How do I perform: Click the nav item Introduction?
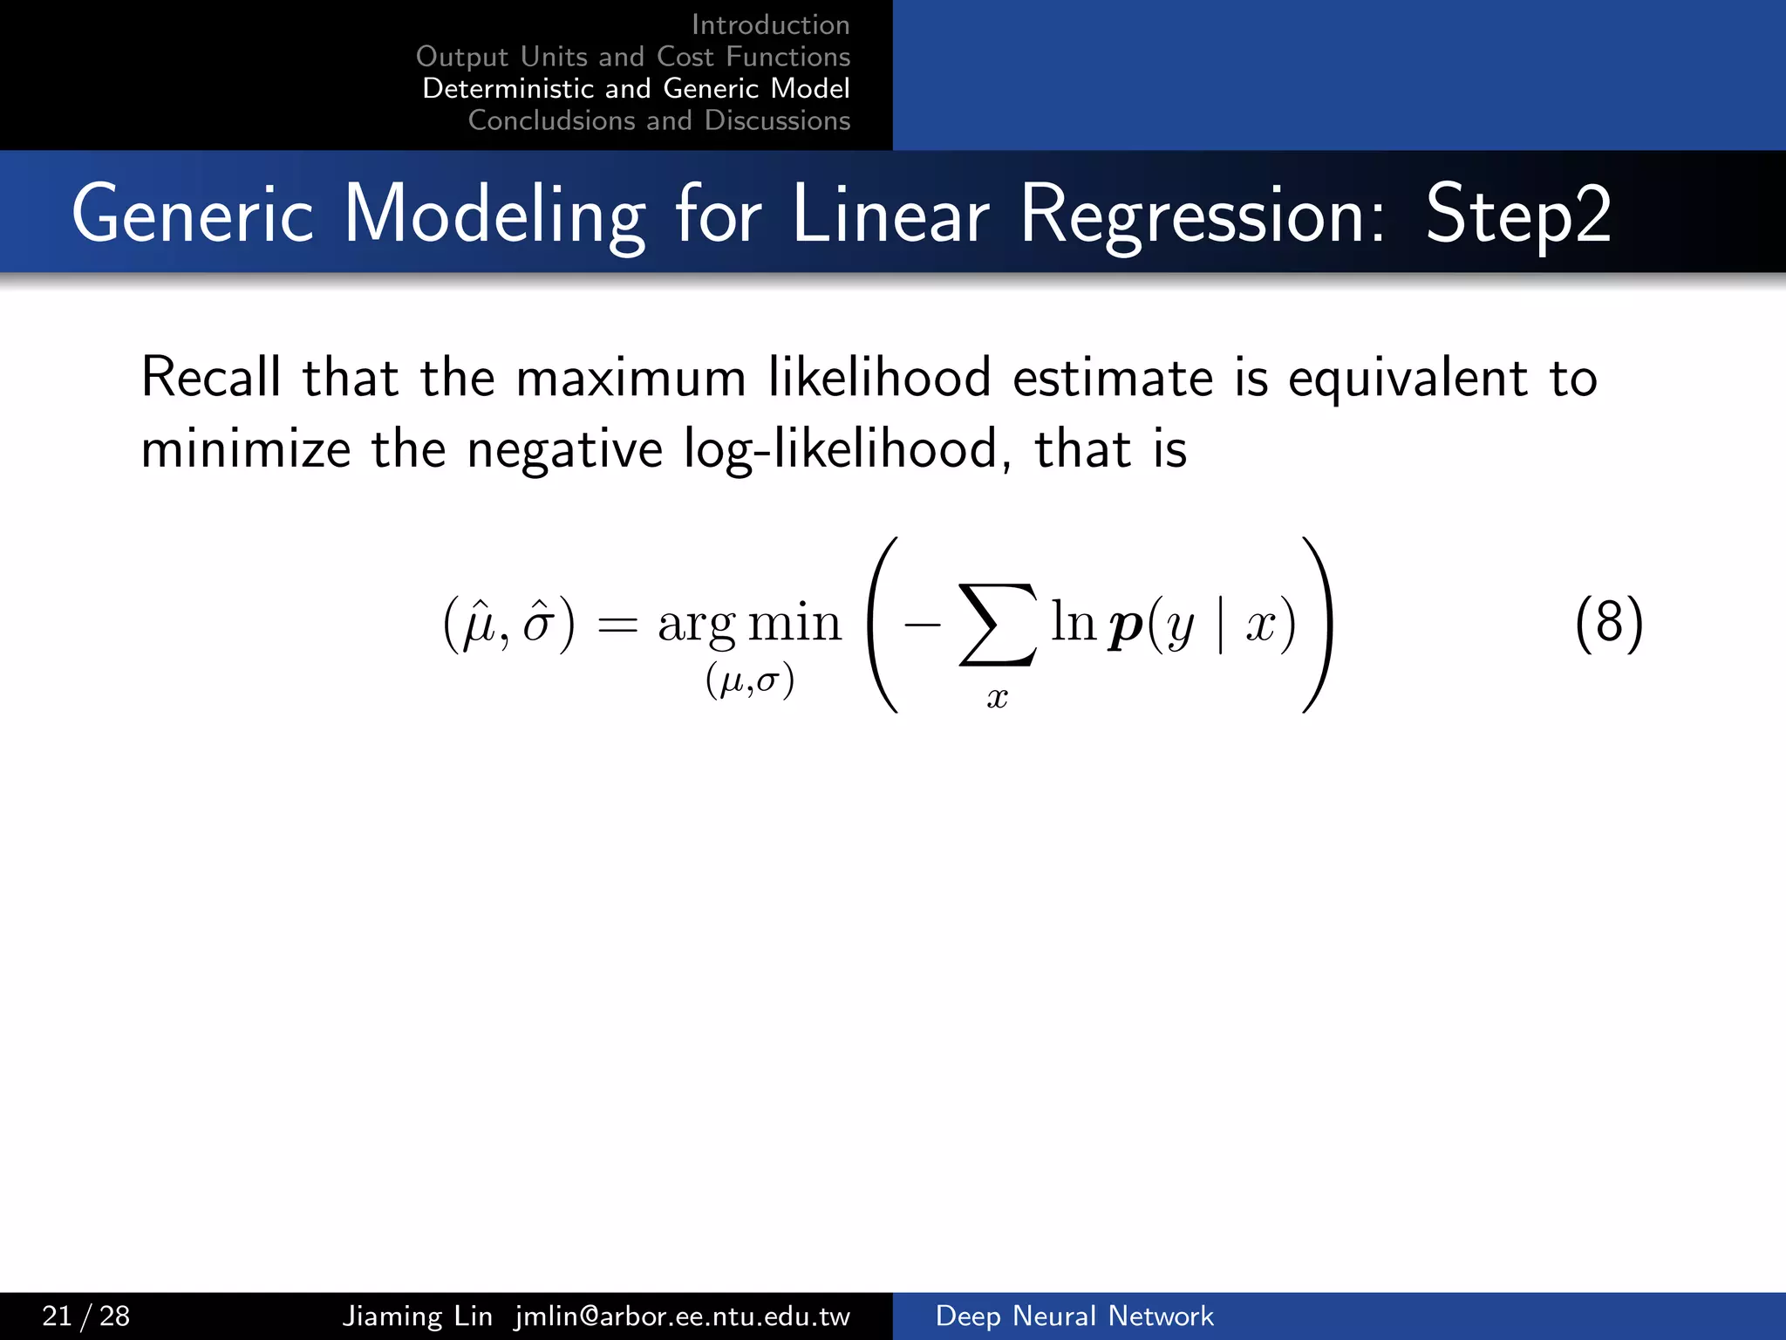click(770, 25)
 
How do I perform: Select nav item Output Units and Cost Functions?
click(633, 57)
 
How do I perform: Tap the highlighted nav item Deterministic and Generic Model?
click(636, 89)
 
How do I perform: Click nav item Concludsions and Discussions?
click(658, 120)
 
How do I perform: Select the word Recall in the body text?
click(211, 379)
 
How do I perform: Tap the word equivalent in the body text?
click(1408, 379)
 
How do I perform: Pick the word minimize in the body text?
click(246, 450)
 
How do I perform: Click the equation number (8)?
click(1609, 624)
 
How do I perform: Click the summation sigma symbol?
click(999, 625)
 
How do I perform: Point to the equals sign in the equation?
click(617, 626)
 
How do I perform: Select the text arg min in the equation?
click(750, 626)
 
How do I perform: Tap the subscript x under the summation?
click(997, 698)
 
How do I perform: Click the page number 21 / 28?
click(85, 1316)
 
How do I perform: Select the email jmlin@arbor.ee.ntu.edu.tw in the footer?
click(682, 1316)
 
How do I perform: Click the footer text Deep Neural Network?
click(1074, 1316)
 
